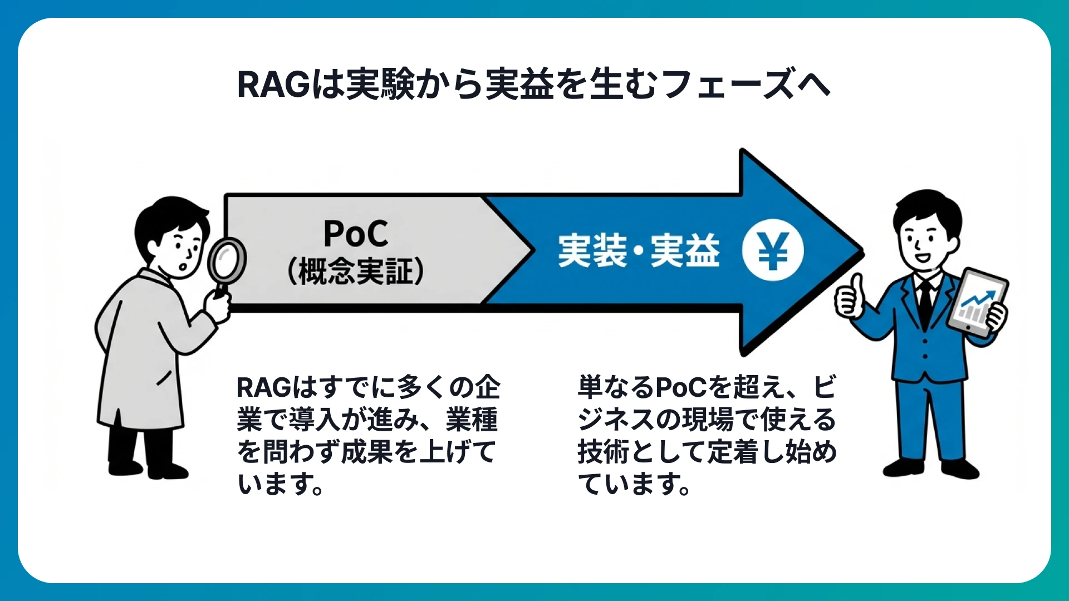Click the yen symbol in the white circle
(773, 250)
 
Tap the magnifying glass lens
(227, 259)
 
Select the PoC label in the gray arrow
(356, 234)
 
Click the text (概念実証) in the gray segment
(356, 272)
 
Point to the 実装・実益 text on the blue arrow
(639, 251)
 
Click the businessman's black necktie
(925, 303)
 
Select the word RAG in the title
(273, 85)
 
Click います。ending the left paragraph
(281, 484)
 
